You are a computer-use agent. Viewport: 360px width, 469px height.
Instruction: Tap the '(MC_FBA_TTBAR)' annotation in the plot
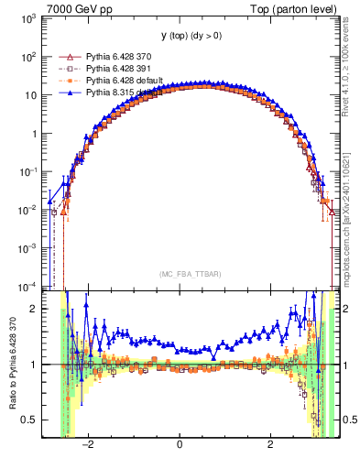point(180,274)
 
